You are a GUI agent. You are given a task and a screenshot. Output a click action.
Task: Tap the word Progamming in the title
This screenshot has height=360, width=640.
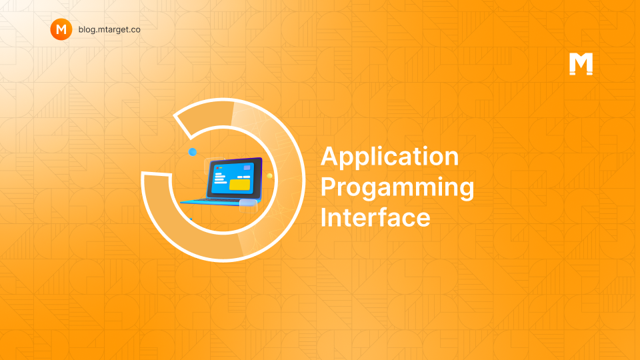pyautogui.click(x=397, y=188)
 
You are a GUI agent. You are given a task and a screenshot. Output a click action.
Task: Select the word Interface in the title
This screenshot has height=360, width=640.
pyautogui.click(x=375, y=217)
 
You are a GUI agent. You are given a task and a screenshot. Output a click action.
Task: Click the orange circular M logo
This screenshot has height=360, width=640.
pyautogui.click(x=61, y=29)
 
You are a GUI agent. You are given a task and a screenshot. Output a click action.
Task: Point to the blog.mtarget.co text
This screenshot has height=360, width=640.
pyautogui.click(x=109, y=29)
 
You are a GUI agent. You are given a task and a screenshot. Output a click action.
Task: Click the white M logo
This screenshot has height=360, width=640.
pyautogui.click(x=581, y=64)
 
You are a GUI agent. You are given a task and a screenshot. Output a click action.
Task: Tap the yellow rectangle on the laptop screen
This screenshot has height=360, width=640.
pyautogui.click(x=239, y=185)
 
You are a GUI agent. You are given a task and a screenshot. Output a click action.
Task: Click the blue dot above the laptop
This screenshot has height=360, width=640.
pyautogui.click(x=193, y=152)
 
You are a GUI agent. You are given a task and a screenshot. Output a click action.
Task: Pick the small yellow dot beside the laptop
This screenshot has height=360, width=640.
pyautogui.click(x=269, y=176)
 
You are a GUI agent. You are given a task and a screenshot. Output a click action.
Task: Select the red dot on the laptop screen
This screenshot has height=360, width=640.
pyautogui.click(x=217, y=168)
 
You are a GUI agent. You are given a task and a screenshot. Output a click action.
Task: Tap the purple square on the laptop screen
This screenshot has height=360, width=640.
pyautogui.click(x=247, y=167)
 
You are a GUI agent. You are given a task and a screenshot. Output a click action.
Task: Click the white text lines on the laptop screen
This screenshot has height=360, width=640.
pyautogui.click(x=220, y=179)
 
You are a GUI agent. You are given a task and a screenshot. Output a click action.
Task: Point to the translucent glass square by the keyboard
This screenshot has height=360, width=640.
pyautogui.click(x=248, y=206)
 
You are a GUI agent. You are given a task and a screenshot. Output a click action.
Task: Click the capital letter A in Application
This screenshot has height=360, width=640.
pyautogui.click(x=329, y=156)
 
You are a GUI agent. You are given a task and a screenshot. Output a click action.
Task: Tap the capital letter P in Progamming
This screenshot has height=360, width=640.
pyautogui.click(x=329, y=186)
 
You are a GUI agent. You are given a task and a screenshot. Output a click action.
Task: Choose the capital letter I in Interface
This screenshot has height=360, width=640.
pyautogui.click(x=323, y=217)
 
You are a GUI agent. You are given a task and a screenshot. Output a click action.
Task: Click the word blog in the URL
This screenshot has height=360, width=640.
pyautogui.click(x=86, y=30)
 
